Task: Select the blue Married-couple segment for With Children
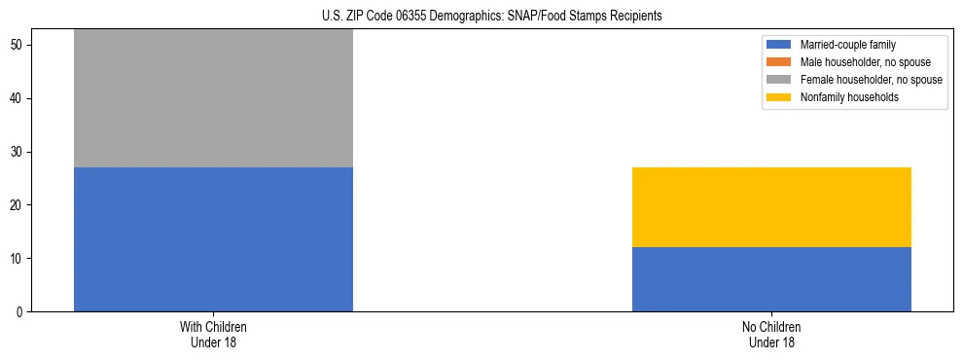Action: tap(213, 239)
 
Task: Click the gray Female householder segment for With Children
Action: tap(213, 98)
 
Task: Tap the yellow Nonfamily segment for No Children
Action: tap(771, 207)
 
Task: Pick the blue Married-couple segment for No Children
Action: tap(771, 279)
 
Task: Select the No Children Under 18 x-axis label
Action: tap(771, 334)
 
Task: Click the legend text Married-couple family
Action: tap(848, 45)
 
